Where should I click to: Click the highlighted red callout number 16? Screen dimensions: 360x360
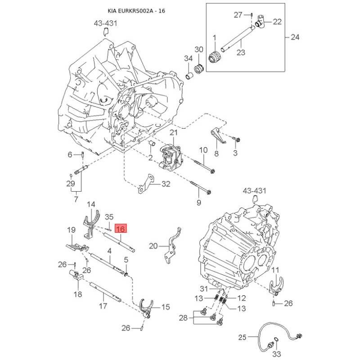pos(121,229)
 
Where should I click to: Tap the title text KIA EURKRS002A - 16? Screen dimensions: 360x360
pos(136,11)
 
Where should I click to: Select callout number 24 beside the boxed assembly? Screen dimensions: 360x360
pos(295,37)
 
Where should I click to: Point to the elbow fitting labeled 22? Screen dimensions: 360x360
pos(260,21)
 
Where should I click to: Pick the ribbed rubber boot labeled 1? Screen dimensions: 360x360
pos(216,57)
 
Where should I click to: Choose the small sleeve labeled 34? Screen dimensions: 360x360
pos(189,76)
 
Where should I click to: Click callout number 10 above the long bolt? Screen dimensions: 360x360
pos(203,150)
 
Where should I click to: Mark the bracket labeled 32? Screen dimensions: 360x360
pos(146,184)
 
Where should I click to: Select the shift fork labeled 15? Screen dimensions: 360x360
pos(146,308)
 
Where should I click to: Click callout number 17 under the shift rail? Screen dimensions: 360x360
pos(103,306)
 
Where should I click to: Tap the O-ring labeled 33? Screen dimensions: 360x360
pos(277,340)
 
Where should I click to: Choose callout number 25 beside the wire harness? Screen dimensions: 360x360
pos(242,337)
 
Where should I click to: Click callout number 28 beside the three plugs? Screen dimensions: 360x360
pos(183,318)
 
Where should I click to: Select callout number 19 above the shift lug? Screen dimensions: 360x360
pos(71,229)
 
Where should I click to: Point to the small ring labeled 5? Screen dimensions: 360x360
pos(126,274)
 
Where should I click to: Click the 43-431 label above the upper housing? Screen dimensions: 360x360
pos(106,23)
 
